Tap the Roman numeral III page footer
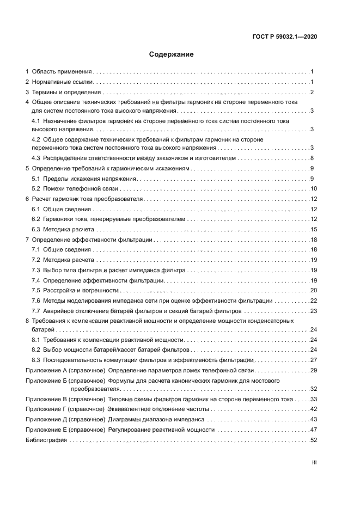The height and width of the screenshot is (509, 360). pyautogui.click(x=314, y=462)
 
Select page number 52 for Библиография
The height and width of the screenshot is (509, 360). pyautogui.click(x=313, y=440)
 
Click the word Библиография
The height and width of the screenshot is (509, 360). pyautogui.click(x=46, y=440)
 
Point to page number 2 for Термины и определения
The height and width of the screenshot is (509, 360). pyautogui.click(x=312, y=92)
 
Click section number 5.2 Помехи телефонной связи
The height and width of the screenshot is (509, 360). pyautogui.click(x=36, y=188)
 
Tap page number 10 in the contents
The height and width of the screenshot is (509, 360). pyautogui.click(x=313, y=188)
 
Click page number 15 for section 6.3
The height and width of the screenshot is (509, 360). pyautogui.click(x=313, y=229)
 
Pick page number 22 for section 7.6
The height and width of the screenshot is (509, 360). pyautogui.click(x=313, y=301)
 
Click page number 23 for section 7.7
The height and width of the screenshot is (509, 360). pyautogui.click(x=313, y=311)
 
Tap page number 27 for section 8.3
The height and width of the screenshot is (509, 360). pyautogui.click(x=313, y=360)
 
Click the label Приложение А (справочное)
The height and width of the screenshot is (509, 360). pyautogui.click(x=65, y=370)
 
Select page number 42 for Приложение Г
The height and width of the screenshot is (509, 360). pyautogui.click(x=313, y=409)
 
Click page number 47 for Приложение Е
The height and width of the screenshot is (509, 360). pyautogui.click(x=313, y=430)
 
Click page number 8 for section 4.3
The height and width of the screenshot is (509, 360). pyautogui.click(x=312, y=158)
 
